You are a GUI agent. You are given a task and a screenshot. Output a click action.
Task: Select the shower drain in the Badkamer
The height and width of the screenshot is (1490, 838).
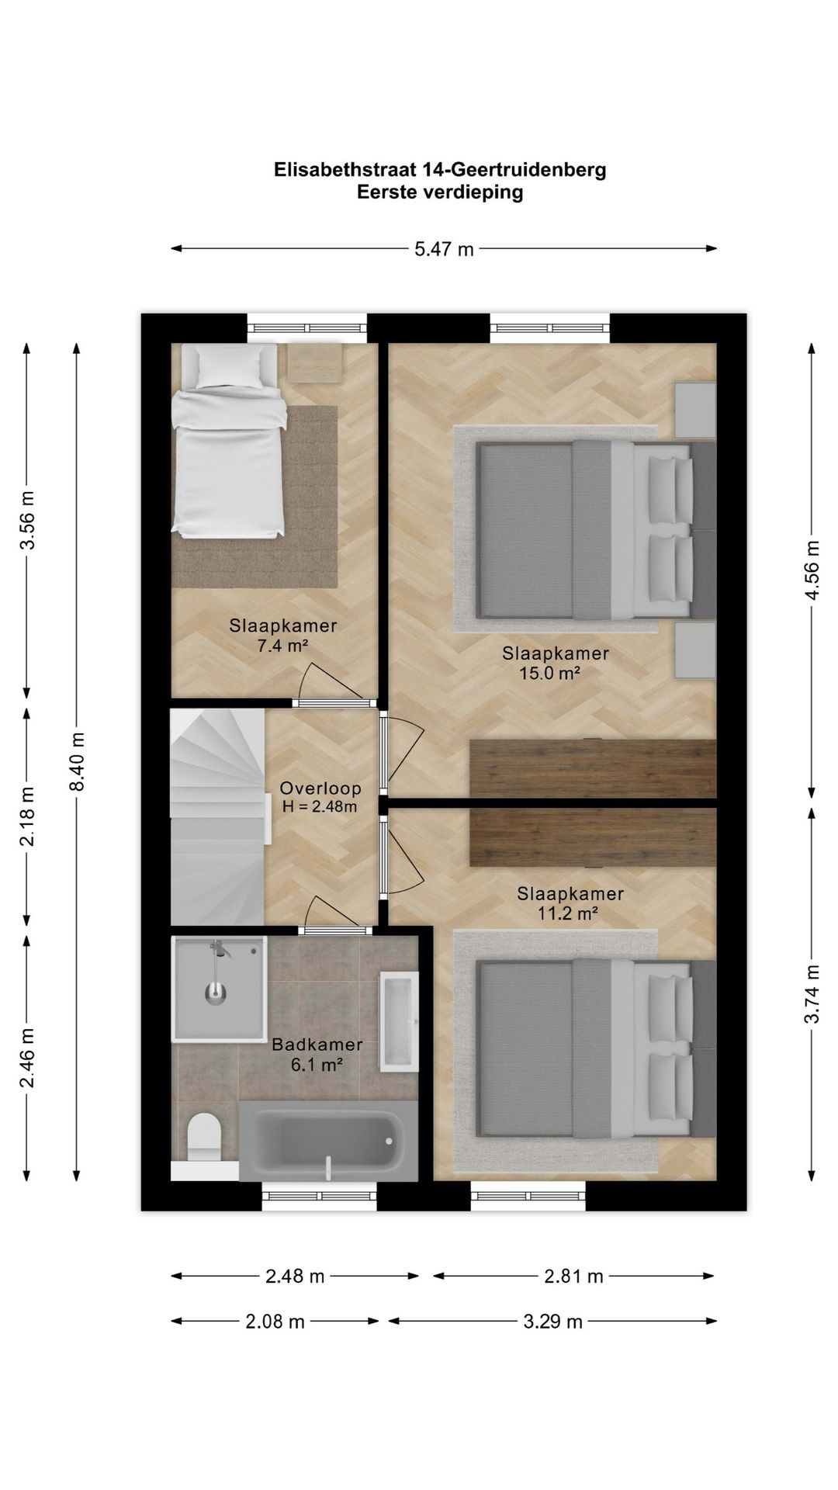click(215, 992)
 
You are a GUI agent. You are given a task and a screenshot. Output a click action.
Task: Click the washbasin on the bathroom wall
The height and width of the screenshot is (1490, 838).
click(399, 1023)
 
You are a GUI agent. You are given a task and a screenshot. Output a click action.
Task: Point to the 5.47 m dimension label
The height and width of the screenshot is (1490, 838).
click(444, 249)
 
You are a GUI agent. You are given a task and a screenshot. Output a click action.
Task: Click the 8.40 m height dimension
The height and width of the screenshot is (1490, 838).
click(77, 761)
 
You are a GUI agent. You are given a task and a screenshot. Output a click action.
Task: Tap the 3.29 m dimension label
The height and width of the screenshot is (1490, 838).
click(552, 1322)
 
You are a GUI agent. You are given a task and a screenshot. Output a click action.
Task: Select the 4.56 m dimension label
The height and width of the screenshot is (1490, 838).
click(812, 570)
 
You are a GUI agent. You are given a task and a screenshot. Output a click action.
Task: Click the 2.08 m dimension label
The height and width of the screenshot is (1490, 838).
click(275, 1322)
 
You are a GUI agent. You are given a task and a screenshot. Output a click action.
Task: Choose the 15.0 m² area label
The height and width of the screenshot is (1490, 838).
click(550, 673)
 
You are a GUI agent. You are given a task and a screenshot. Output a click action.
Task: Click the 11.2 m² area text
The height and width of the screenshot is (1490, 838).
click(567, 913)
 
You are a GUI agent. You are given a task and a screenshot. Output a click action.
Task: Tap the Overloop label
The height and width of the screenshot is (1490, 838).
click(320, 788)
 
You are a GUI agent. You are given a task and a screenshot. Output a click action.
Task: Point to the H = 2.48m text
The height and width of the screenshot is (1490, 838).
click(320, 807)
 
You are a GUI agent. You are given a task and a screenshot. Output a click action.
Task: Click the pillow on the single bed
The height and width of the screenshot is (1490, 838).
click(230, 366)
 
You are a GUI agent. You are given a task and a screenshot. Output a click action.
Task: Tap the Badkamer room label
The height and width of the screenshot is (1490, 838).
click(317, 1045)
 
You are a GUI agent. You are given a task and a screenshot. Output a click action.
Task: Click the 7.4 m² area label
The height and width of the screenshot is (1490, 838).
click(283, 645)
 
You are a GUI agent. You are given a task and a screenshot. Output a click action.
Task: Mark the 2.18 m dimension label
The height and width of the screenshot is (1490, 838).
click(27, 816)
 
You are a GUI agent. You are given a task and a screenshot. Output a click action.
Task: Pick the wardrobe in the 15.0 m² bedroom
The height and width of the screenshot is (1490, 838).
click(593, 768)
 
